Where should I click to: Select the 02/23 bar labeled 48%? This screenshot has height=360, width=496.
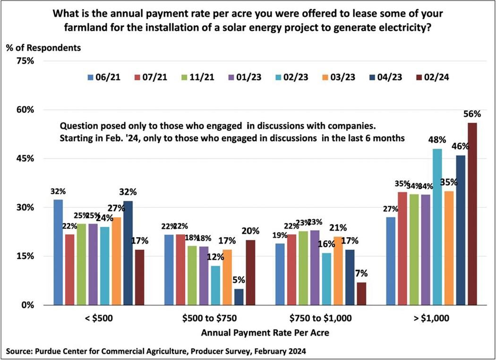437,227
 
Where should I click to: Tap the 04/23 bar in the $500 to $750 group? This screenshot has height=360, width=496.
239,297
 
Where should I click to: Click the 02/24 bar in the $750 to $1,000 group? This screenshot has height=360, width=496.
361,293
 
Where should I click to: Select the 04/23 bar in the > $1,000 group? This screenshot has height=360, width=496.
461,230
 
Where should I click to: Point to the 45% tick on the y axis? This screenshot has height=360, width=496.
26,159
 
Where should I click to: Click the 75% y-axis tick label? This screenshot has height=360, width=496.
26,61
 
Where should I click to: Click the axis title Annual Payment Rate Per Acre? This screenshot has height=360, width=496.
265,333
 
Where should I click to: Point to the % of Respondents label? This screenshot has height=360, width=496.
43,48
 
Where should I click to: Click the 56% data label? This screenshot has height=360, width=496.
472,114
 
